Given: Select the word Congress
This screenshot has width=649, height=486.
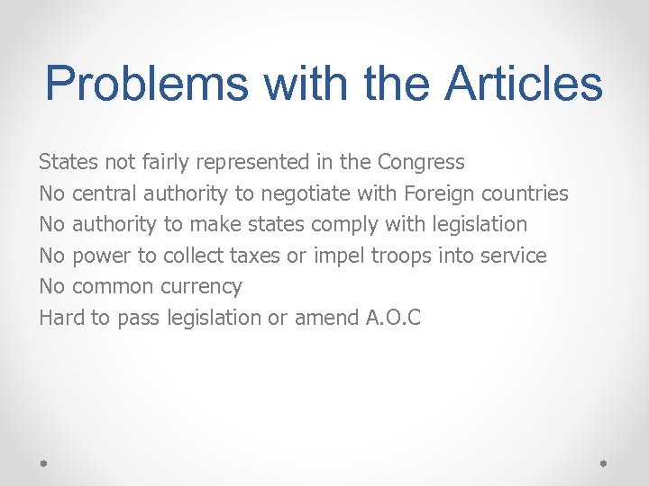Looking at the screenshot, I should (x=421, y=163).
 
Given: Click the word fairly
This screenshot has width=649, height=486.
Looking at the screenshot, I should (x=167, y=163).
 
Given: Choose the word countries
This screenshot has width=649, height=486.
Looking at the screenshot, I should (x=526, y=193).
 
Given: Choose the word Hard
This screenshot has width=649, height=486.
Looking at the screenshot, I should (x=59, y=317).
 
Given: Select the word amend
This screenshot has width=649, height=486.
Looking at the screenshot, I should (x=323, y=318).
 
